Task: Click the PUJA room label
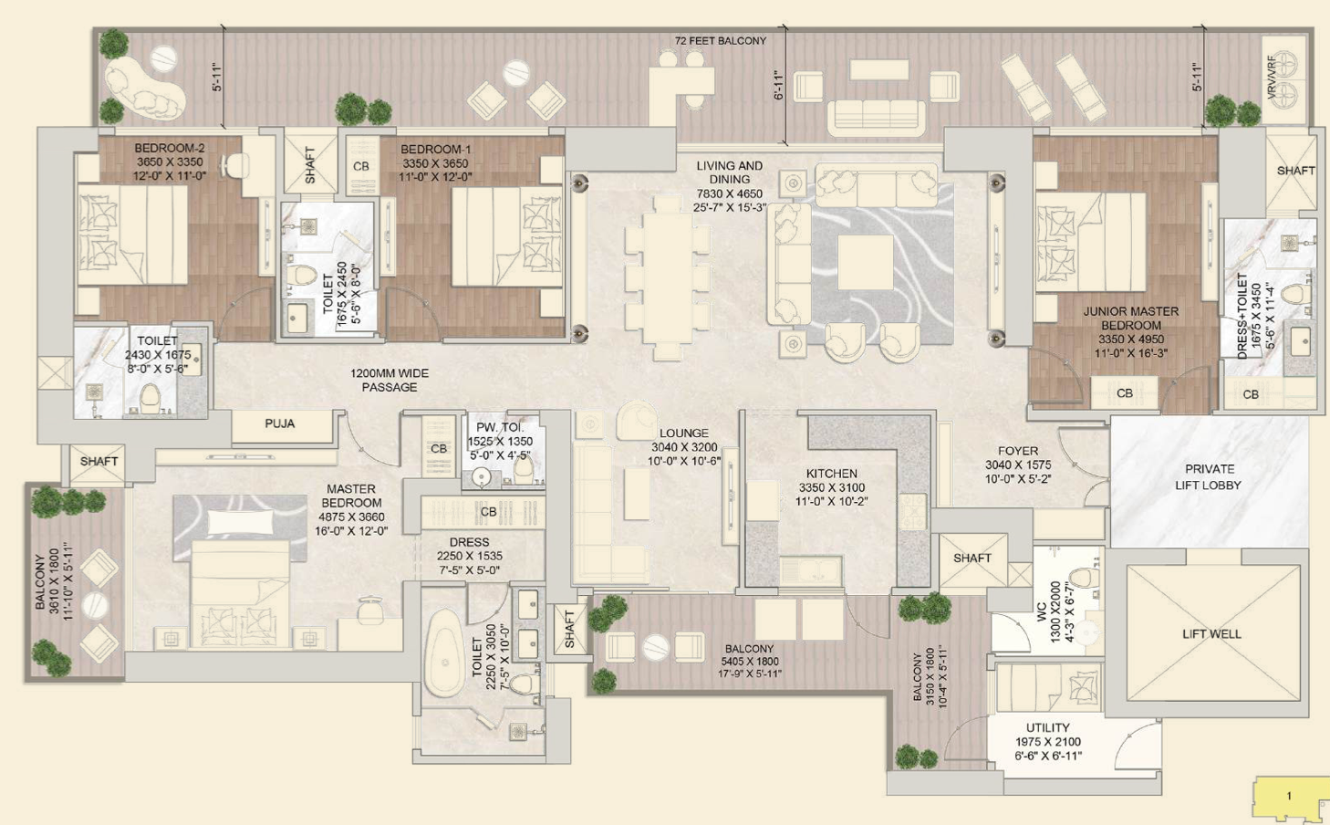[x=280, y=424]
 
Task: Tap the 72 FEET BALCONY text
[x=721, y=41]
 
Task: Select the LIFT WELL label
[x=1211, y=633]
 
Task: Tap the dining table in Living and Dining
[x=668, y=278]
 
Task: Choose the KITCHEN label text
[x=831, y=474]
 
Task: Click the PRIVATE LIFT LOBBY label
[x=1209, y=477]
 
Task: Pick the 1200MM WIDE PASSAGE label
[x=389, y=381]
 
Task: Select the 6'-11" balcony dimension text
[x=779, y=85]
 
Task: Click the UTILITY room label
[x=1048, y=727]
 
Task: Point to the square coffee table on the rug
[x=865, y=262]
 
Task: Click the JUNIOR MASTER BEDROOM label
[x=1130, y=319]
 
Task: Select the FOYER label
[x=1018, y=451]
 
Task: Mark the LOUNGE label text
[x=684, y=433]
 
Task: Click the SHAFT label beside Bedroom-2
[x=309, y=164]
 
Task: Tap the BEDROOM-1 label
[x=435, y=149]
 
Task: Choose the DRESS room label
[x=469, y=542]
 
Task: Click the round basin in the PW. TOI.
[x=481, y=477]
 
